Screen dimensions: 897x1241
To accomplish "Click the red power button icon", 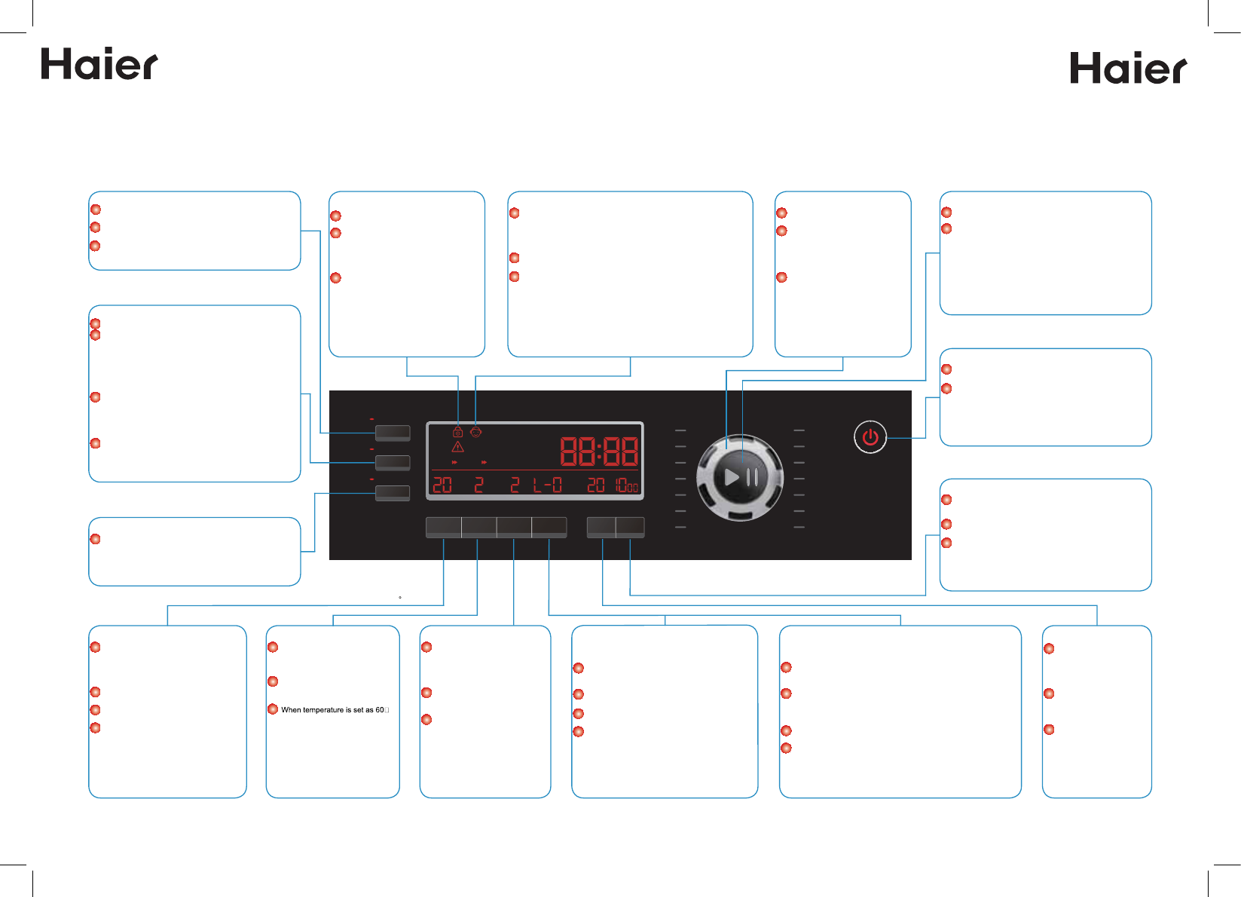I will coord(870,437).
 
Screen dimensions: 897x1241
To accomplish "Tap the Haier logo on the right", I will coord(1128,69).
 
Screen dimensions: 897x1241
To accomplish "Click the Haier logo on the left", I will coord(99,65).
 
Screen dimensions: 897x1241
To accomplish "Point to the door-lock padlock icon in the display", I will coord(457,432).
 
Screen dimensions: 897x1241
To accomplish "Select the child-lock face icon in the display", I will coord(475,432).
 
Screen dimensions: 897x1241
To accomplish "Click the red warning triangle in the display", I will coord(457,447).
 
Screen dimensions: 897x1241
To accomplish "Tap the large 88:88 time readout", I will coord(599,452).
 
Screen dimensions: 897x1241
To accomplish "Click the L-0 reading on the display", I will coord(547,485).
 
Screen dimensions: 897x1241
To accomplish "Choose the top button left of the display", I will coord(393,433).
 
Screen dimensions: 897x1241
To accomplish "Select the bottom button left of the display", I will coord(393,493).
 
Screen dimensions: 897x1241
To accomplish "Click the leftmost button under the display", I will coord(443,527).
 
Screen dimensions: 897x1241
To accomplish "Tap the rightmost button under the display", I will coord(631,527).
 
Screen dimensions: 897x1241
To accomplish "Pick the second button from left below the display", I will coord(478,527).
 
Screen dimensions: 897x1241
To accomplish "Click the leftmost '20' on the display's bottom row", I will coord(442,485).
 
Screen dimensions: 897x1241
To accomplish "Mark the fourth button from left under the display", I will coord(549,527).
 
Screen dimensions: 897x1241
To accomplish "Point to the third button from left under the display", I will coord(514,527).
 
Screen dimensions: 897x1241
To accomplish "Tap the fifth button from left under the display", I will coord(601,527).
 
